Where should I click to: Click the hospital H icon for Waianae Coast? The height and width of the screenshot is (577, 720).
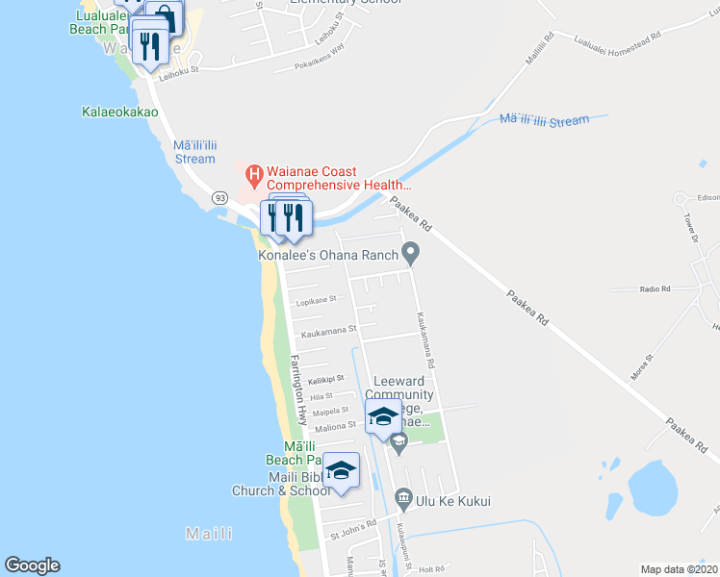(254, 174)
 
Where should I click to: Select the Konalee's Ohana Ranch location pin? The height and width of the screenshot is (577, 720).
(411, 255)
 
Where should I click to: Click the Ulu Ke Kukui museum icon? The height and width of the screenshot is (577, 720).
(403, 500)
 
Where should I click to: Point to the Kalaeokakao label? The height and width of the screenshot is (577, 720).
(120, 112)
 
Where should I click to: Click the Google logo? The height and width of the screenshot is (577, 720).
(32, 565)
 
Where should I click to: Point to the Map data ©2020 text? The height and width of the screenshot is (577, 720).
(679, 569)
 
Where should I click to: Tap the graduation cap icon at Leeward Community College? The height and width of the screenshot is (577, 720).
(383, 416)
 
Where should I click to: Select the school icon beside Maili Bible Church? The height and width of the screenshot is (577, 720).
(340, 470)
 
